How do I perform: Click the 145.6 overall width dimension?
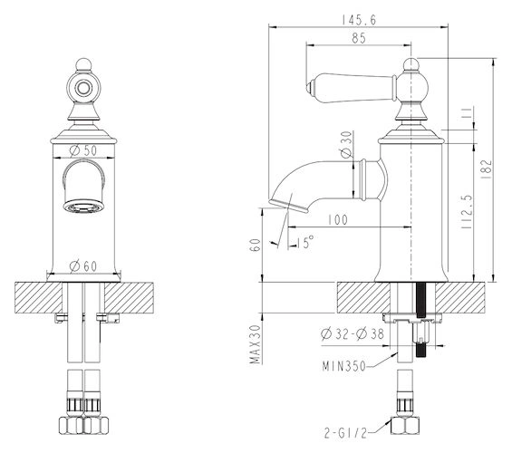[x=359, y=20]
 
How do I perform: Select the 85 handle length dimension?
[x=359, y=38]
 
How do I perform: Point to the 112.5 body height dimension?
[x=467, y=211]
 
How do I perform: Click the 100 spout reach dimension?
[x=338, y=219]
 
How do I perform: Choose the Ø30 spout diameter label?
[x=346, y=144]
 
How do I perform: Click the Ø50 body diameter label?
[x=83, y=150]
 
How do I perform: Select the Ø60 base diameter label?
[x=83, y=266]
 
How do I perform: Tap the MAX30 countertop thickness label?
[x=256, y=344]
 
